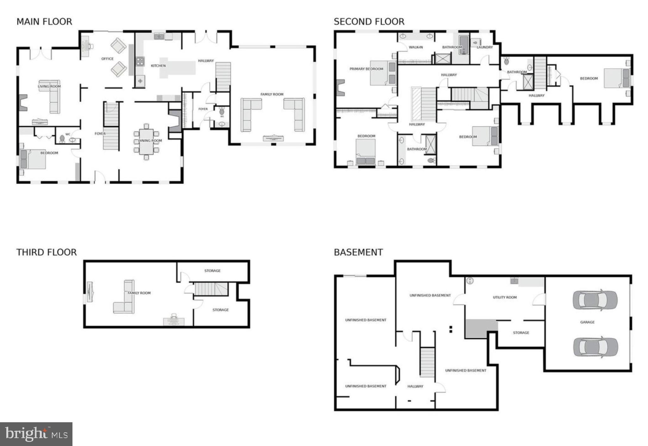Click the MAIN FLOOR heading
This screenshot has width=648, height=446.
(44, 22)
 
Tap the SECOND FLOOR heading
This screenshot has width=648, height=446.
(369, 22)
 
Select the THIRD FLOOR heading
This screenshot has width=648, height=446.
(47, 252)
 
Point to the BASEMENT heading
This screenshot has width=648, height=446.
(358, 252)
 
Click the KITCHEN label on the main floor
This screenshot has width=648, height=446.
(158, 66)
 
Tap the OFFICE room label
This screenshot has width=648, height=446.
(107, 59)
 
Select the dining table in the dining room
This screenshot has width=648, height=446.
(146, 141)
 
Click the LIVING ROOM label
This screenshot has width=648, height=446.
(49, 86)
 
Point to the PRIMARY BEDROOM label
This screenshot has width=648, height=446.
(366, 69)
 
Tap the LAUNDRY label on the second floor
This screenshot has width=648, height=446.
(484, 47)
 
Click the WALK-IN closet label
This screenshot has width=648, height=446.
(415, 47)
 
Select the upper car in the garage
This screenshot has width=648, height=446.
(595, 300)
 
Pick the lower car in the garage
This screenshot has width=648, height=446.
(595, 347)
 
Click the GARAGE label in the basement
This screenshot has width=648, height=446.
(587, 322)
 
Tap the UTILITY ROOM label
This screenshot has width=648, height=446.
(505, 297)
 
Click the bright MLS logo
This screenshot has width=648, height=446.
(36, 434)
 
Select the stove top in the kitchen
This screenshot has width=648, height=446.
(140, 61)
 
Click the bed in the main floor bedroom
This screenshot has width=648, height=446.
(33, 159)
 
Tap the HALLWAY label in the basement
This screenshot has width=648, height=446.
(415, 386)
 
